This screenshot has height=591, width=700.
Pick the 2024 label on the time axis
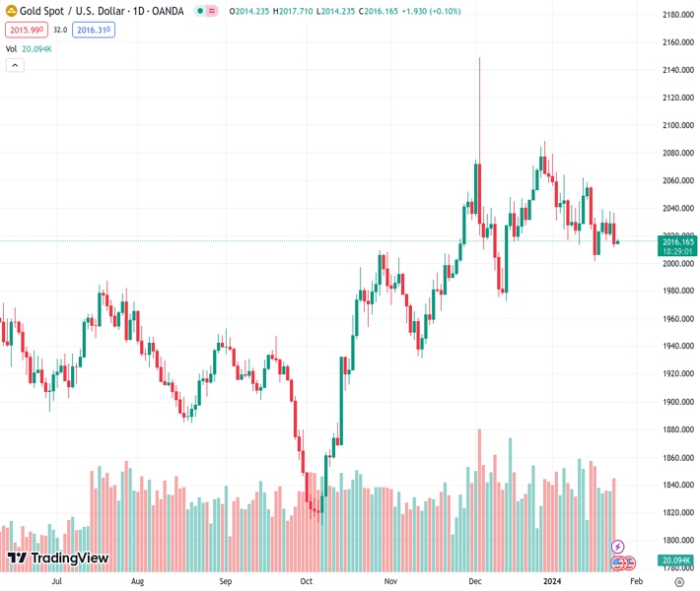click(552, 581)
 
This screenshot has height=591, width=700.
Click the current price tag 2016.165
click(677, 241)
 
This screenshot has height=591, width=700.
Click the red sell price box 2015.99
click(25, 31)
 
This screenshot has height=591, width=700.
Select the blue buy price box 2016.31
click(94, 31)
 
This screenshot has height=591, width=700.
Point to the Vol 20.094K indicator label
click(29, 48)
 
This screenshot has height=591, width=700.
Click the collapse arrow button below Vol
click(15, 65)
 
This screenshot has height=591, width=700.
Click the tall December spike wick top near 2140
click(479, 59)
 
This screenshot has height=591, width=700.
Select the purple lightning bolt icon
click(618, 546)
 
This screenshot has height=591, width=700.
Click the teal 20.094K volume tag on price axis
click(677, 559)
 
